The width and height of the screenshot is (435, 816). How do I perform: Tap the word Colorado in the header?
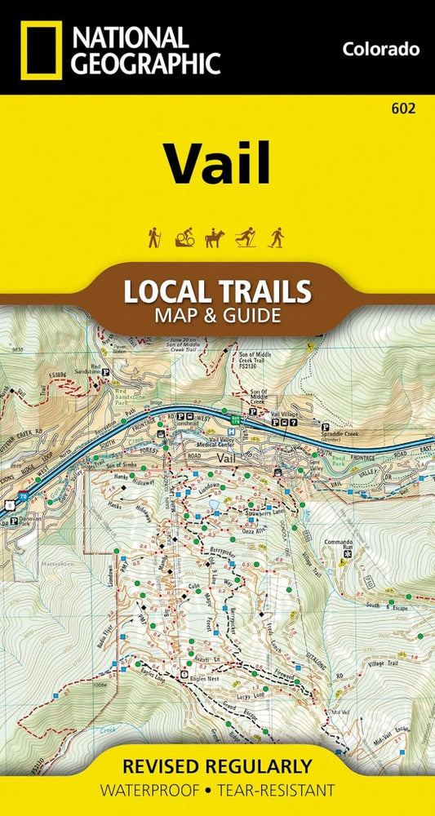pyautogui.click(x=381, y=49)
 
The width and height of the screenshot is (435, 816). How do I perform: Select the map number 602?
pyautogui.click(x=403, y=109)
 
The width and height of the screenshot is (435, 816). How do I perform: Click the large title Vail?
pyautogui.click(x=216, y=164)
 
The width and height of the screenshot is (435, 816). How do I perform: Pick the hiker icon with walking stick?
pyautogui.click(x=153, y=237)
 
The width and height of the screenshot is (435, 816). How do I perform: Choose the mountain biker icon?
pyautogui.click(x=184, y=237)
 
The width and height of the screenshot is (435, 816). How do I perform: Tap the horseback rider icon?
pyautogui.click(x=214, y=237)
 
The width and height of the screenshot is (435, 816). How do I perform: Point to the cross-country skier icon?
pyautogui.click(x=246, y=237)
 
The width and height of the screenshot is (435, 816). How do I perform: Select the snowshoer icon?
pyautogui.click(x=277, y=237)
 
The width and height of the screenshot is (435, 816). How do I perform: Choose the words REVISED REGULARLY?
pyautogui.click(x=216, y=766)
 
